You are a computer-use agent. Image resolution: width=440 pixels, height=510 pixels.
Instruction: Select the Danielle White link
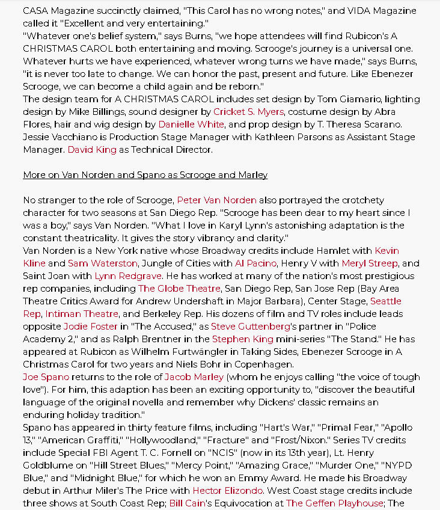(191, 124)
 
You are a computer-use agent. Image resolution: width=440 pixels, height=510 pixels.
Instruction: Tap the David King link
(92, 150)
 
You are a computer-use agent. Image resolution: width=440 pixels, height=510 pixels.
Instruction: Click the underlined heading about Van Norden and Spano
(145, 175)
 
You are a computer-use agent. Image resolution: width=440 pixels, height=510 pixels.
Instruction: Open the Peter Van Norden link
(216, 200)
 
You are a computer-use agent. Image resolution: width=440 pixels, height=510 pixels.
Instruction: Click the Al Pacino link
(255, 263)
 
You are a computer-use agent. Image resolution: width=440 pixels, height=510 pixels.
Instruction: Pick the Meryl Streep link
(369, 263)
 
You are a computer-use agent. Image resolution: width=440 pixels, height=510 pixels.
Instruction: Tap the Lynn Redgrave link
(128, 276)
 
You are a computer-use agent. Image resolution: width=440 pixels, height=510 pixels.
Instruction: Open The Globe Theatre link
(179, 289)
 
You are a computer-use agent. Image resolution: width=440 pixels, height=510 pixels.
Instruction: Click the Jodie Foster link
(90, 327)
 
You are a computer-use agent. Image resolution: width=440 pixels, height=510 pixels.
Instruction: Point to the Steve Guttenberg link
(250, 327)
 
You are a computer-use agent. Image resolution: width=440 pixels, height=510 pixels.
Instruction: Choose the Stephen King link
(242, 339)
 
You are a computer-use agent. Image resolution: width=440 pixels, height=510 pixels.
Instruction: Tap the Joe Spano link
(46, 377)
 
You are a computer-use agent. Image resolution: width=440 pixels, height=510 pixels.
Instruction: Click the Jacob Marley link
(194, 377)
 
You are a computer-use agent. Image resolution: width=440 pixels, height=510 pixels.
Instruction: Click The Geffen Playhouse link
(334, 503)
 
